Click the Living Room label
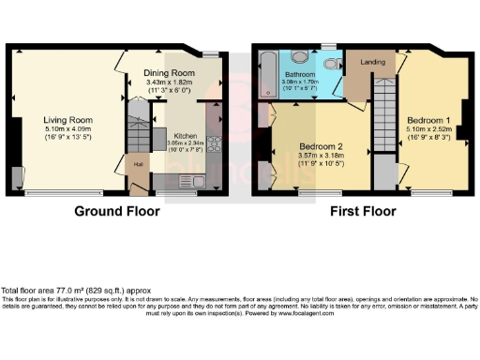click(66, 120)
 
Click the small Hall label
click(138, 165)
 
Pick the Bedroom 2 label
click(320, 148)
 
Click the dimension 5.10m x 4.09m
click(66, 129)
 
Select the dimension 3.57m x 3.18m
click(320, 157)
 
